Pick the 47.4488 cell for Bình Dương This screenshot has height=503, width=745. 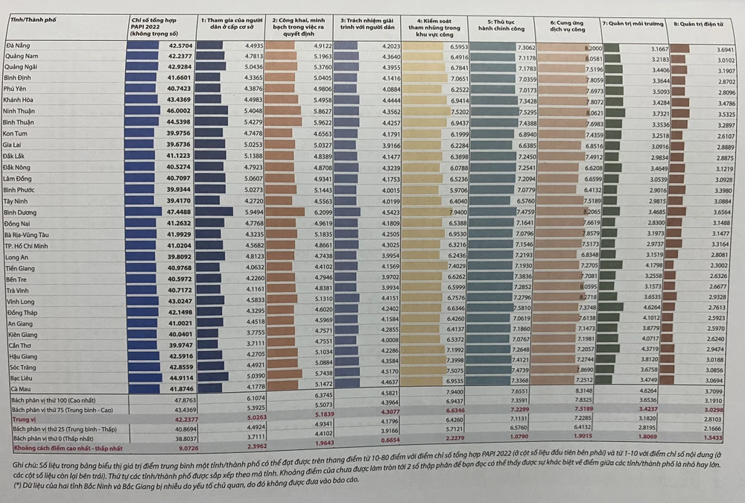(175, 212)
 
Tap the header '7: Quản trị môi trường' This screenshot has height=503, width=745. (633, 24)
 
